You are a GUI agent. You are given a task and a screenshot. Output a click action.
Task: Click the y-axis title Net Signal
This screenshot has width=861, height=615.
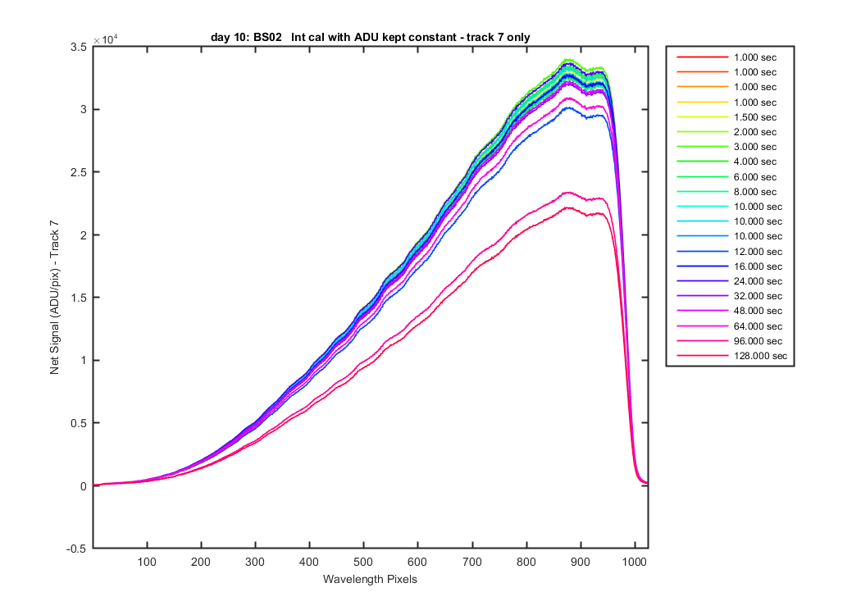pyautogui.click(x=56, y=298)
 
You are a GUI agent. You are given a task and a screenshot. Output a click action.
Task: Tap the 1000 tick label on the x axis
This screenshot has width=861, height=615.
pyautogui.click(x=633, y=562)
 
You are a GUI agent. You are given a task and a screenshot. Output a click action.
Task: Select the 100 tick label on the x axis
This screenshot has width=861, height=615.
pyautogui.click(x=147, y=562)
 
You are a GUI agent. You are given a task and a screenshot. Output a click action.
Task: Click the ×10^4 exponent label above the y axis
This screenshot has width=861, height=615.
pyautogui.click(x=105, y=39)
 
